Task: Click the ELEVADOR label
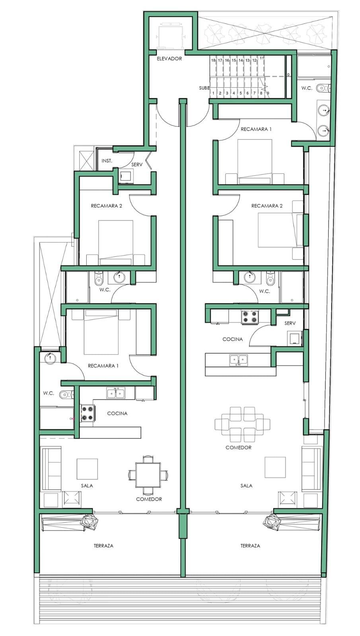point(169,59)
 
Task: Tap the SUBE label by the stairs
point(204,88)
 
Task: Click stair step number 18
point(213,60)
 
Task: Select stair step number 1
point(213,93)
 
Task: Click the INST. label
point(107,161)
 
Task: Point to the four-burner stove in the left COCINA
point(88,413)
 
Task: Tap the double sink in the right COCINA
point(238,360)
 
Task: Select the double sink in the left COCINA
point(116,393)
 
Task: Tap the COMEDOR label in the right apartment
point(238,448)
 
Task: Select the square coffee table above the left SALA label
point(87,469)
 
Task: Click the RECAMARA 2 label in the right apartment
point(267,206)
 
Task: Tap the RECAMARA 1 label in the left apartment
point(103,366)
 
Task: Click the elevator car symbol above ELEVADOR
point(171,32)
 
